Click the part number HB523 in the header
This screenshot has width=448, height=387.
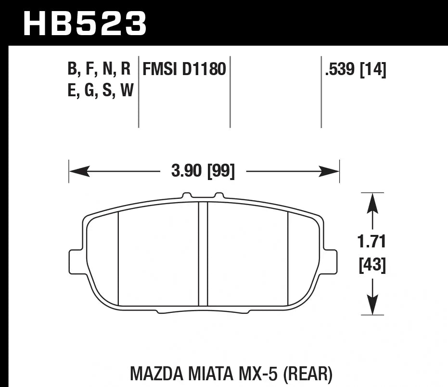(85, 23)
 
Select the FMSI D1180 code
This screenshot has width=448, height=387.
(184, 70)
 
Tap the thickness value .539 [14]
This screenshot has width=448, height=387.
(356, 70)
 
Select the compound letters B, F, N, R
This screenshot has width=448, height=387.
(100, 70)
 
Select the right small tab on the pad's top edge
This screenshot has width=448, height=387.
(219, 196)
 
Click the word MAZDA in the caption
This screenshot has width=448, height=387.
(154, 374)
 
